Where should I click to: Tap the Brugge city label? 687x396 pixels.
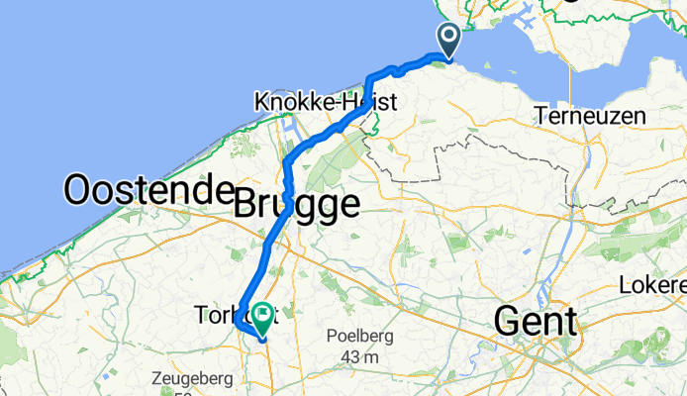[x=296, y=207]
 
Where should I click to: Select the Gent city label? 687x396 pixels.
[x=535, y=321]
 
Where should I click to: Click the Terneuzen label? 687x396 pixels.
[x=590, y=116]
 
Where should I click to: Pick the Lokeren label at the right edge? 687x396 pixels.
[x=652, y=286]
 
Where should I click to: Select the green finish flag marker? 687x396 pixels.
[x=263, y=316]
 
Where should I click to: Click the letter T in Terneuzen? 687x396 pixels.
[x=540, y=116]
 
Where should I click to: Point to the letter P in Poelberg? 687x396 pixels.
[x=331, y=337]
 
